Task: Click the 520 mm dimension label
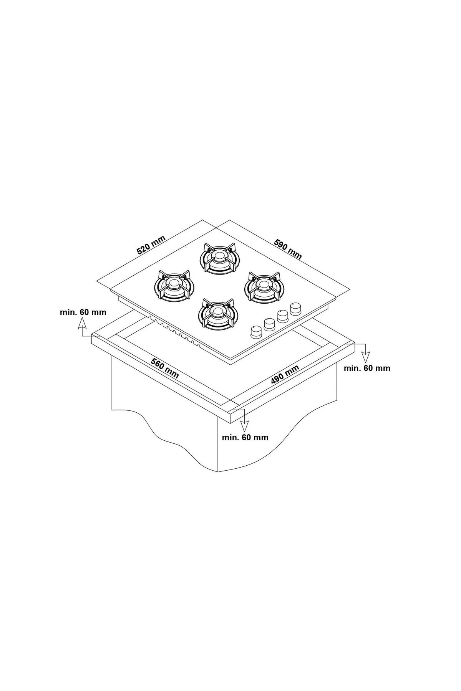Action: (x=151, y=245)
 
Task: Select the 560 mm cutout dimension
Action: (x=164, y=368)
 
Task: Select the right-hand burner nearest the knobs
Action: (x=264, y=286)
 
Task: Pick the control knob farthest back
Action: (x=296, y=309)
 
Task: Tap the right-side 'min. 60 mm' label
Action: (x=367, y=369)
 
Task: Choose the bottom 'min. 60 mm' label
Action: (x=245, y=437)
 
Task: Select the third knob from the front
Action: (x=283, y=317)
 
